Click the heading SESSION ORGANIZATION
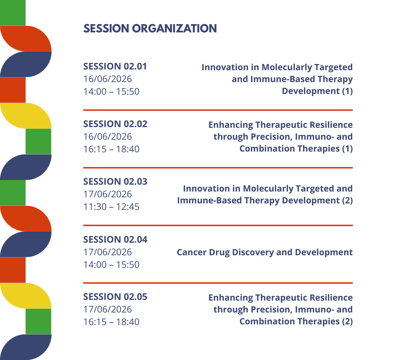pyautogui.click(x=150, y=28)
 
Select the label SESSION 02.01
pyautogui.click(x=115, y=67)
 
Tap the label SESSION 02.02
pyautogui.click(x=116, y=124)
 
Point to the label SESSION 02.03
pyautogui.click(x=116, y=182)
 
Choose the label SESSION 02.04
pyautogui.click(x=116, y=239)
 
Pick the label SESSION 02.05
pyautogui.click(x=116, y=297)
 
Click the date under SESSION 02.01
pyautogui.click(x=108, y=79)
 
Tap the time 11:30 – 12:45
pyautogui.click(x=111, y=207)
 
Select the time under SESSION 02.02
pyautogui.click(x=111, y=149)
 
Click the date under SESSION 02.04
pyautogui.click(x=108, y=252)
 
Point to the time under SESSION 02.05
pyautogui.click(x=111, y=322)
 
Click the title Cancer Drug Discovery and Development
pyautogui.click(x=265, y=252)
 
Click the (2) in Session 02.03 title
pyautogui.click(x=347, y=201)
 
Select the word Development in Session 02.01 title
pyautogui.click(x=311, y=91)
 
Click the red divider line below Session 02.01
pyautogui.click(x=218, y=110)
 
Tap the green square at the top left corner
pyautogui.click(x=13, y=13)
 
